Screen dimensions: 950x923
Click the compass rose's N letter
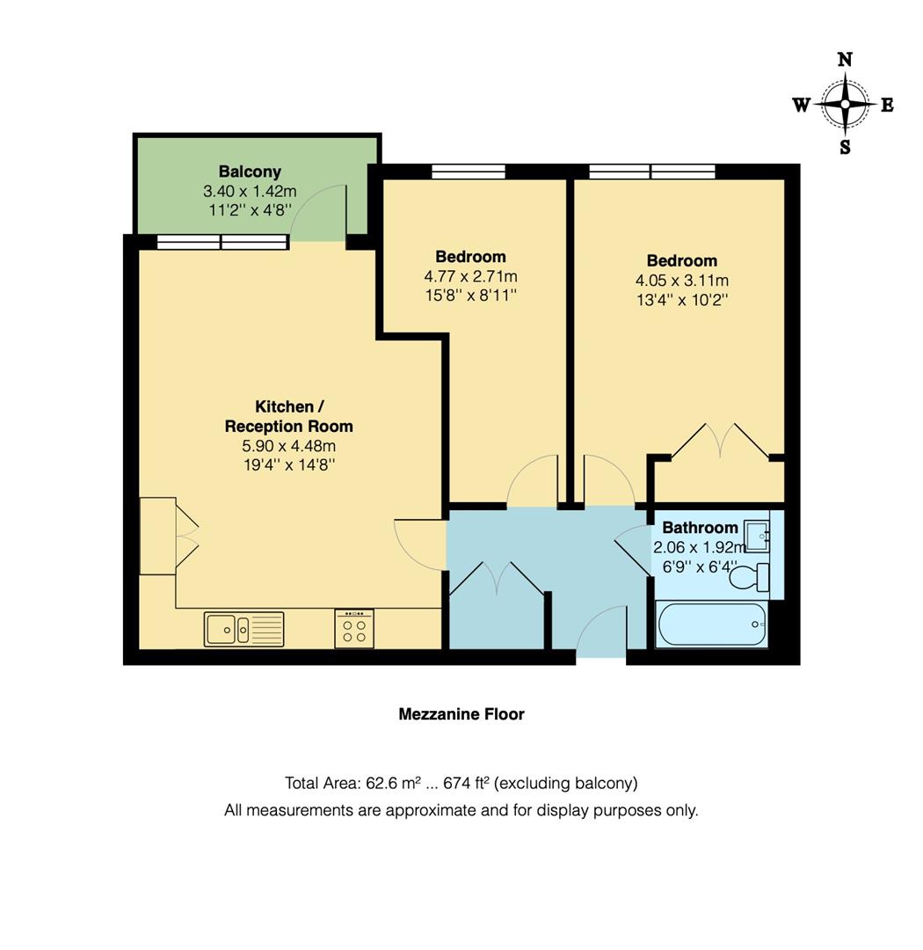click(x=845, y=60)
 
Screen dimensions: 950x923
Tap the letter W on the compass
click(x=801, y=106)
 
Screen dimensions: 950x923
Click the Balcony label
click(x=250, y=172)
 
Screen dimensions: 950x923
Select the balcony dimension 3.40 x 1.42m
click(x=250, y=191)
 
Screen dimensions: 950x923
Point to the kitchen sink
click(x=243, y=629)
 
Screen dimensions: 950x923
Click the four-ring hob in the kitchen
click(x=354, y=629)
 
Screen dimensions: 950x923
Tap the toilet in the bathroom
click(x=750, y=578)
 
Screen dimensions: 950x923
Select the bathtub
click(x=712, y=624)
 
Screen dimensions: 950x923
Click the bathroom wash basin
click(x=756, y=535)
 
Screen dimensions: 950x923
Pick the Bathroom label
click(x=700, y=528)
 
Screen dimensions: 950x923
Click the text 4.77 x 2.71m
click(x=470, y=276)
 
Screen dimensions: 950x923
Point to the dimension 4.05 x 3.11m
click(x=682, y=281)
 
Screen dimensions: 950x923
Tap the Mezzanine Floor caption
click(x=461, y=714)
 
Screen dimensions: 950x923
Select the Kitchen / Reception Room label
click(x=288, y=417)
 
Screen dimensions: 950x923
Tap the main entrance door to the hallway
click(x=601, y=632)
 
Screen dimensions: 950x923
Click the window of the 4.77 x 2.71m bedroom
click(x=468, y=172)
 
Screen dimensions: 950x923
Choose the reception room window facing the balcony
click(x=222, y=242)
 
